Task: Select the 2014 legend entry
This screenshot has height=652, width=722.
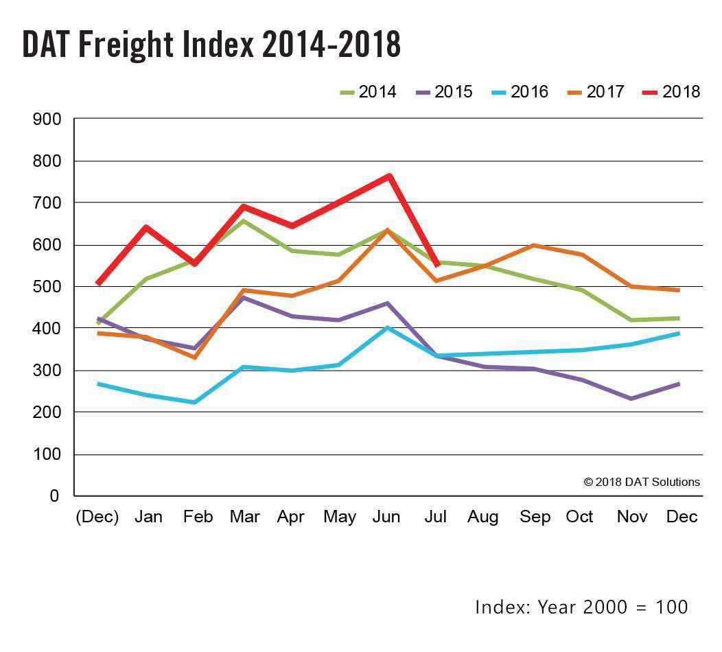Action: (367, 92)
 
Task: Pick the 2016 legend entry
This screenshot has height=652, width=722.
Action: (519, 92)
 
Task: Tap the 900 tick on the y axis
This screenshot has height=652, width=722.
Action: (47, 119)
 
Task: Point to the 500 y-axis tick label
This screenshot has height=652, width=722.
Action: (47, 287)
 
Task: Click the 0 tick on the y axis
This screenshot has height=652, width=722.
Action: (54, 496)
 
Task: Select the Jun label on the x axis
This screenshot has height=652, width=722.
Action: (386, 517)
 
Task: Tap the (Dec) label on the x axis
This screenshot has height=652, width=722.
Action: (97, 517)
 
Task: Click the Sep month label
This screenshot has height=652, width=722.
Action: (535, 517)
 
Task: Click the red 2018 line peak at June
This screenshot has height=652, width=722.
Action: (389, 176)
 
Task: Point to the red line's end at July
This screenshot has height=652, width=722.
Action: (437, 266)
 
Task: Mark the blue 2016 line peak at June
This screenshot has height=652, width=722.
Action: (388, 328)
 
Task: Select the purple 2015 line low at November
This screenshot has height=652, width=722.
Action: (631, 399)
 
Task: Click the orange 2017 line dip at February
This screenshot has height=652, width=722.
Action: (194, 358)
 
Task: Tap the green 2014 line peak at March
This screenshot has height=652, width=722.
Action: (243, 221)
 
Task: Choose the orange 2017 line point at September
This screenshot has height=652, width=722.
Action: (533, 246)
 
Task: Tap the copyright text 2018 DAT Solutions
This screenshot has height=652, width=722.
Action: (641, 482)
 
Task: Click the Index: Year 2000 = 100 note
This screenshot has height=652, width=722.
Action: (581, 607)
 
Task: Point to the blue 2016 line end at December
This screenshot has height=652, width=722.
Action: (678, 334)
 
